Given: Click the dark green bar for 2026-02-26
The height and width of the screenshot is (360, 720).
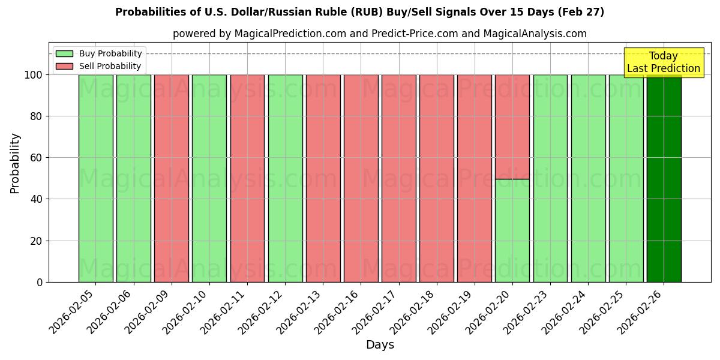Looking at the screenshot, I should (664, 178).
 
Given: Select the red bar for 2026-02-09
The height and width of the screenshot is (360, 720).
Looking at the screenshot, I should (172, 178).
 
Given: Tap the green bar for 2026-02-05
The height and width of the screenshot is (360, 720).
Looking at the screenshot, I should (95, 178).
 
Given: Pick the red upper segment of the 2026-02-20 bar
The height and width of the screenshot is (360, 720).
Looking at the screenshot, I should (512, 127).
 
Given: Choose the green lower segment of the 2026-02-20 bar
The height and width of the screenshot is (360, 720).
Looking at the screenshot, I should (512, 230).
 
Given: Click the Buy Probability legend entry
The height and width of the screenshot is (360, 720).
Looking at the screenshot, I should (99, 53).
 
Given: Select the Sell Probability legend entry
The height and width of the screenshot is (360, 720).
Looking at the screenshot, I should (99, 66).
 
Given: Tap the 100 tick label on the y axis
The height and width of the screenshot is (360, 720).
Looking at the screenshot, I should (33, 75).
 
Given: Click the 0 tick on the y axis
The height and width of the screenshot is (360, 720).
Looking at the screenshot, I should (40, 282).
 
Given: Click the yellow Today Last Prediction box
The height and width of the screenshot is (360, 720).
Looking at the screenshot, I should (663, 62).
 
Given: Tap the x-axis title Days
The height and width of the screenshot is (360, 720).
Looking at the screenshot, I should (380, 345).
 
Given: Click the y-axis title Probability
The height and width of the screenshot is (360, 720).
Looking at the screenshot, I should (15, 163).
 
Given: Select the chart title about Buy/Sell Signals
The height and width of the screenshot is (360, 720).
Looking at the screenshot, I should (359, 12).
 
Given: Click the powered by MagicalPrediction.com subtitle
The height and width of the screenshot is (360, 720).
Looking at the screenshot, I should (380, 34).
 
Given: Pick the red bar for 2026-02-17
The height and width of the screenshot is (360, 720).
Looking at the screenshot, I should (398, 178).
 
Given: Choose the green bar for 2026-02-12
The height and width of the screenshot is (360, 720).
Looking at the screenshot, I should (285, 178).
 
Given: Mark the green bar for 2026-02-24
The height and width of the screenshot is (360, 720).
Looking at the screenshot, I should (588, 178).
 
